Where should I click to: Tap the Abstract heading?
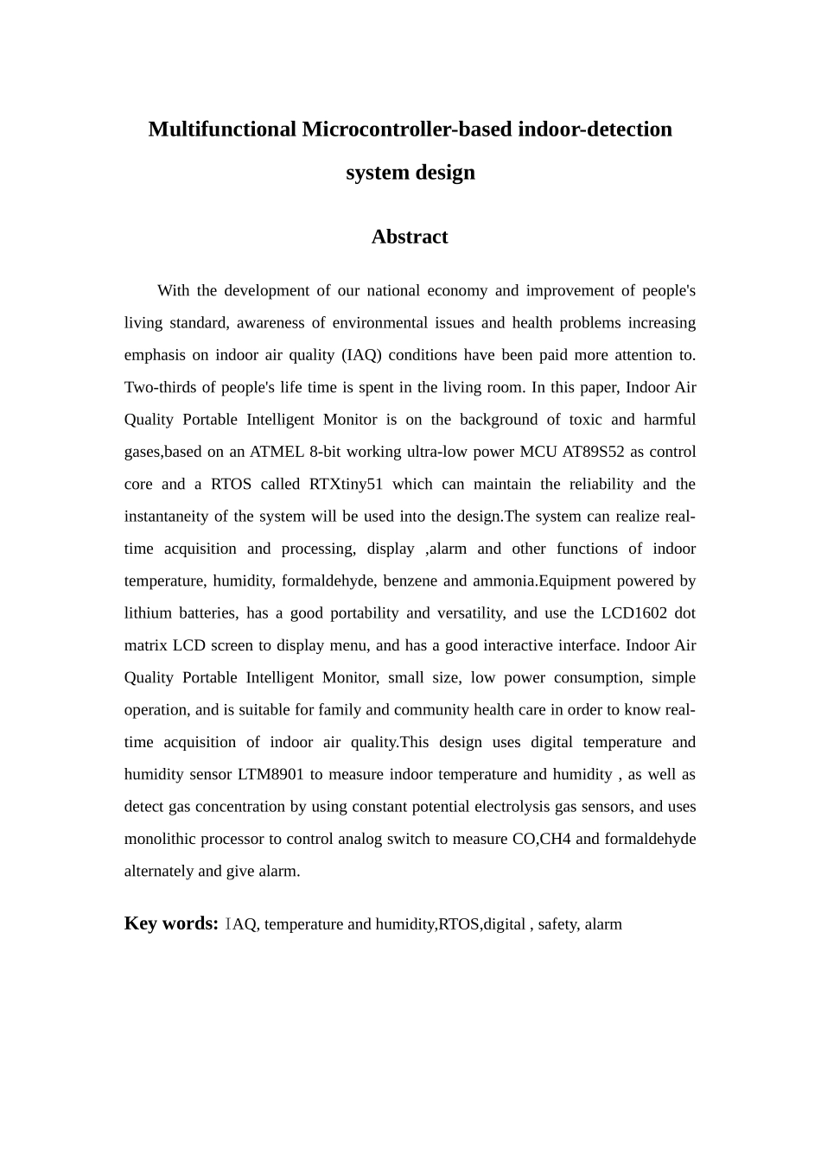(x=410, y=237)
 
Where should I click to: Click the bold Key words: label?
(x=171, y=923)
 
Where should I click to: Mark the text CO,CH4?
(x=542, y=839)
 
